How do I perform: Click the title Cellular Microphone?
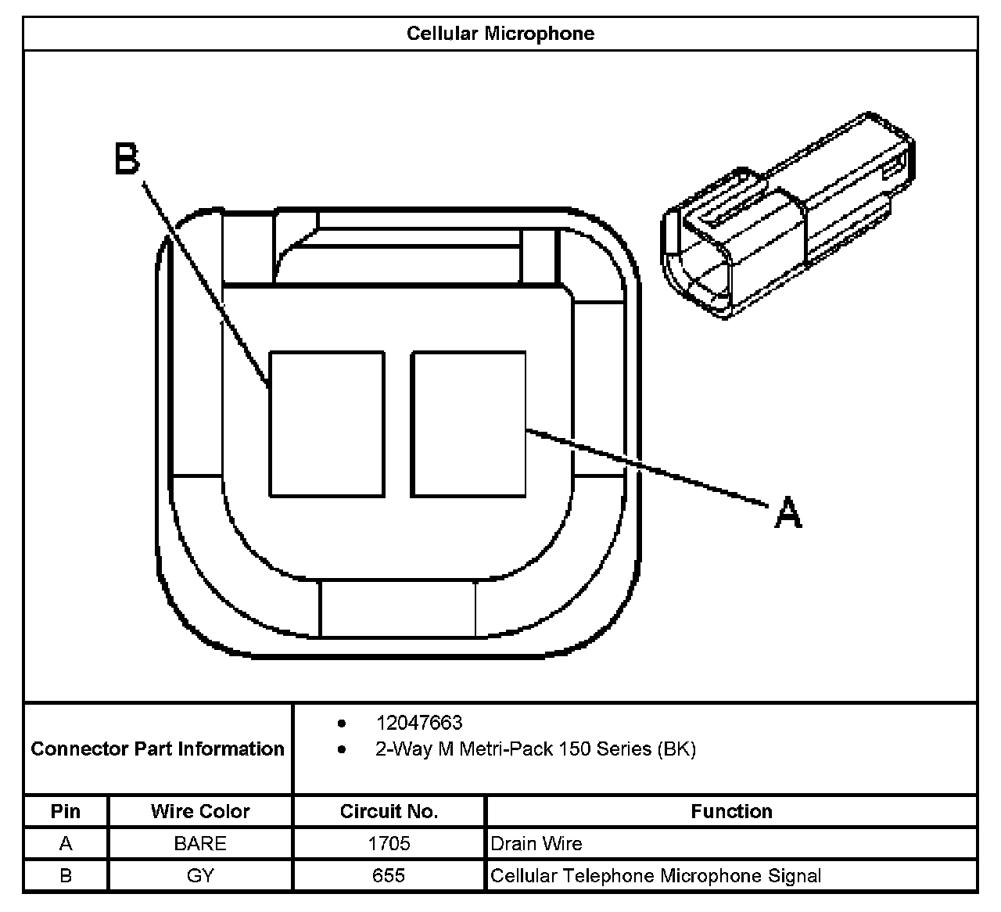tap(500, 34)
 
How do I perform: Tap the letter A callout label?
tap(788, 512)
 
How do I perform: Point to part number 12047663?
tap(418, 723)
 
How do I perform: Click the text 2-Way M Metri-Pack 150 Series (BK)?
tap(535, 749)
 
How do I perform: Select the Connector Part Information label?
tap(157, 749)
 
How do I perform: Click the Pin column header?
tap(66, 811)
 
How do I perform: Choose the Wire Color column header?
tap(200, 811)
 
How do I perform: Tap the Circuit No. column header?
tap(389, 811)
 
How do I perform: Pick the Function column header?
tap(731, 811)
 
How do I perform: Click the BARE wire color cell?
tap(200, 843)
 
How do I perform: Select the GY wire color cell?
tap(200, 875)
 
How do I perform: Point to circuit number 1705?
tap(389, 843)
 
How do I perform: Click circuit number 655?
tap(389, 875)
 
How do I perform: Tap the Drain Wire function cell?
tap(536, 843)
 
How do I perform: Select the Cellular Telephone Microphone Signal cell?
tap(655, 875)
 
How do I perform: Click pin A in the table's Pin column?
tap(66, 843)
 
